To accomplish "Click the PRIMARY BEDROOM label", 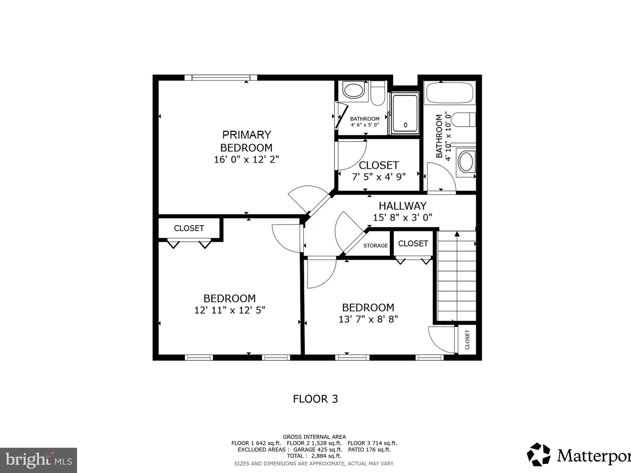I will [246, 141].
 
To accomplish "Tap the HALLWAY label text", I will [402, 206].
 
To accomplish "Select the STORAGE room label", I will [375, 245].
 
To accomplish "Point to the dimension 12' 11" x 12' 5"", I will [230, 310].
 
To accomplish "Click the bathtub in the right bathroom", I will [450, 92].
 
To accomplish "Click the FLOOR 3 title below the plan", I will [315, 399].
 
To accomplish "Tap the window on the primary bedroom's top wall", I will [221, 77].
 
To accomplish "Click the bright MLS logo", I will [38, 460].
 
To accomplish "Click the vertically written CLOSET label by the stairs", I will [467, 339].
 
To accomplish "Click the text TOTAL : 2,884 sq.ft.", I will [314, 456].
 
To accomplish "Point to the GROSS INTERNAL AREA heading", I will [314, 437].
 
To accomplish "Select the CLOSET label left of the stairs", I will [413, 244].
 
